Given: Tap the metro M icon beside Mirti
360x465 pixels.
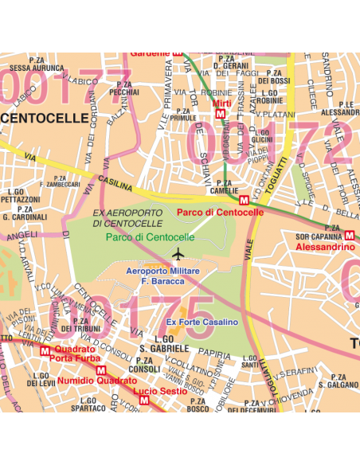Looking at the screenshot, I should click(220, 114).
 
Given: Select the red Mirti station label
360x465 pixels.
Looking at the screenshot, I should click(221, 104).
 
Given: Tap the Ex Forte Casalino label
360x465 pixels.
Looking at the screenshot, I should click(202, 322).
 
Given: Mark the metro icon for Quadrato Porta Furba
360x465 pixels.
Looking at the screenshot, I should click(46, 350).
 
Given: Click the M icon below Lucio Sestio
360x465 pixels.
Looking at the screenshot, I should click(143, 401).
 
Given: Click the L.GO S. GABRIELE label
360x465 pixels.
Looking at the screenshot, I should click(163, 345).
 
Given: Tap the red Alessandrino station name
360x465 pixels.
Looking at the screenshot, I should click(325, 248).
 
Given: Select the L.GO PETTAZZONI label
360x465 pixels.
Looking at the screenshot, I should click(24, 195).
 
